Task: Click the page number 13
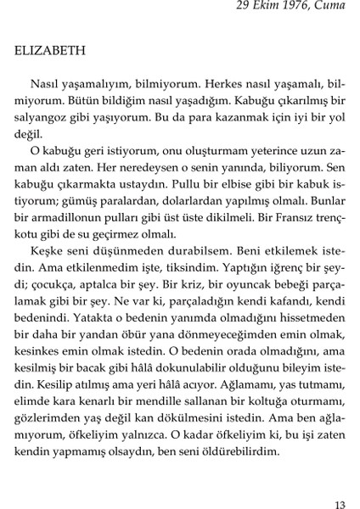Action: (x=340, y=504)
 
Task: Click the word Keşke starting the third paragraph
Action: (x=45, y=254)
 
